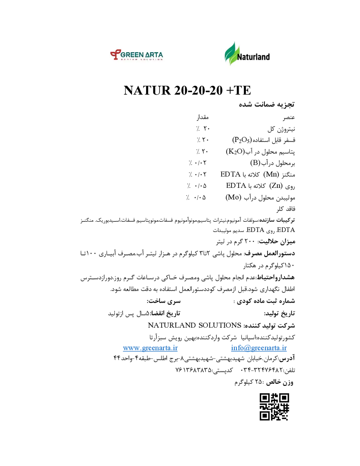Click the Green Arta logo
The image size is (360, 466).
click(136, 55)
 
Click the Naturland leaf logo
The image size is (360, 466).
click(247, 54)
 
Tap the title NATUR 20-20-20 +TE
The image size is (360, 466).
click(187, 90)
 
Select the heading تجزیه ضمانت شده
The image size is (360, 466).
click(267, 105)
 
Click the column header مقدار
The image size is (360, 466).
click(202, 117)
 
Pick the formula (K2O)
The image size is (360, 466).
click(235, 152)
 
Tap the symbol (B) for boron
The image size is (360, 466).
click(255, 163)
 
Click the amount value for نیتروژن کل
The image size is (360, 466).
click(202, 129)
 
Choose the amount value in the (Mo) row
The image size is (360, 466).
click(196, 197)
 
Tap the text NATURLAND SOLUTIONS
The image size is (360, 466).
click(194, 325)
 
